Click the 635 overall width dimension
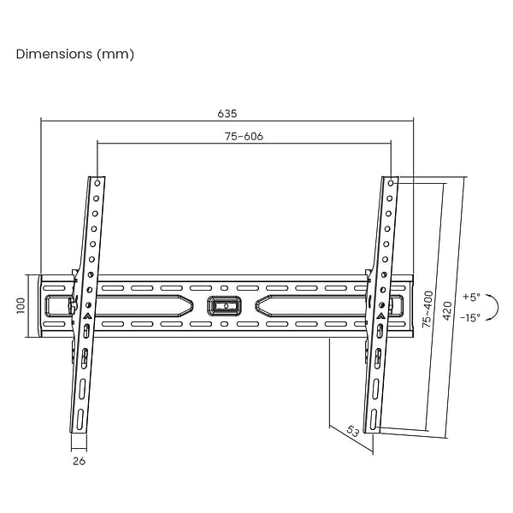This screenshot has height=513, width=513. pos(227,114)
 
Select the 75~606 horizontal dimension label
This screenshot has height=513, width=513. pos(244,136)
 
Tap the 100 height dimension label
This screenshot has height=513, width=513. pos(21,306)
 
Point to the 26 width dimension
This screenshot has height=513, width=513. pos(79,461)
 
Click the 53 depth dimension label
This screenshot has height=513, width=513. pos(352,431)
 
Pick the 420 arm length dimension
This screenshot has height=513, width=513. pos(447,311)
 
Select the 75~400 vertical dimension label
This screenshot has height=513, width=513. pos(427,310)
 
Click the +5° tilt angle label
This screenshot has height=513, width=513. pos(471,297)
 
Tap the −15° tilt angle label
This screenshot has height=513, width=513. pos(470,317)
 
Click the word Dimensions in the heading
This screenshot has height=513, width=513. pos(54,54)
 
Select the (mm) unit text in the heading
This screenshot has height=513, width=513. pos(115,55)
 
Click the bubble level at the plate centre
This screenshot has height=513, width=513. pos(224,306)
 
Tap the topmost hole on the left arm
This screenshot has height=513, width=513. pos(97,183)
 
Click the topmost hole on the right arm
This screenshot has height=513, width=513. pos(391,183)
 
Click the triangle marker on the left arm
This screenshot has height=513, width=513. pos(86,316)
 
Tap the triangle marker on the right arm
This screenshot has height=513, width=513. pos(380,316)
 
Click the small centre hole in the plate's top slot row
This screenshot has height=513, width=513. pos(224,288)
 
